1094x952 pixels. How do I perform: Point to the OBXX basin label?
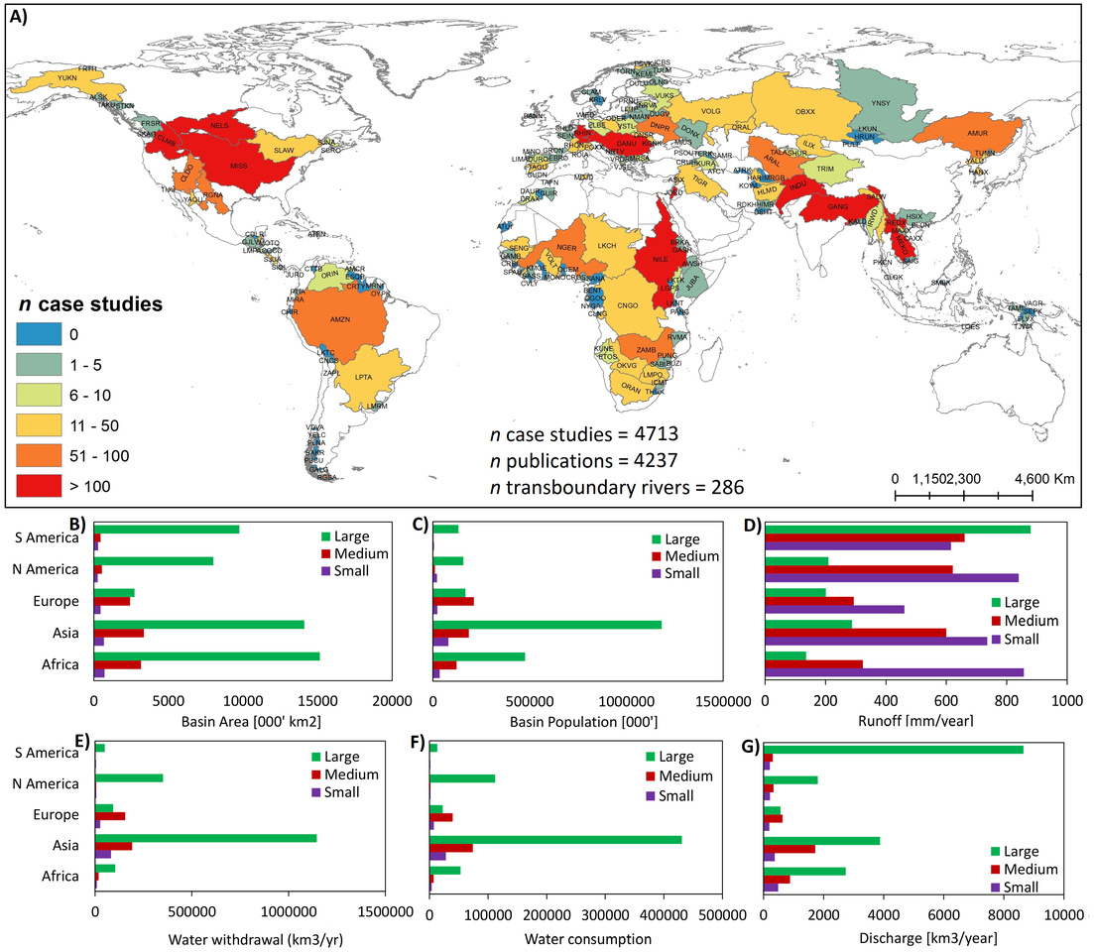pos(805,111)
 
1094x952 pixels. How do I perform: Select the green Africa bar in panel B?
pos(206,656)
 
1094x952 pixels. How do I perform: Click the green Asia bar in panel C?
pos(547,625)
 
